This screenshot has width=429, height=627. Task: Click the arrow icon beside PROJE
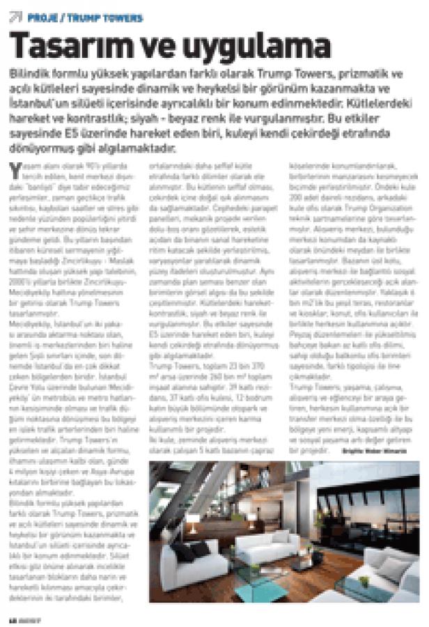[x=15, y=17]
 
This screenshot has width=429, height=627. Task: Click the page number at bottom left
[x=11, y=619]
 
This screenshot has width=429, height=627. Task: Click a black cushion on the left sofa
[x=183, y=551]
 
